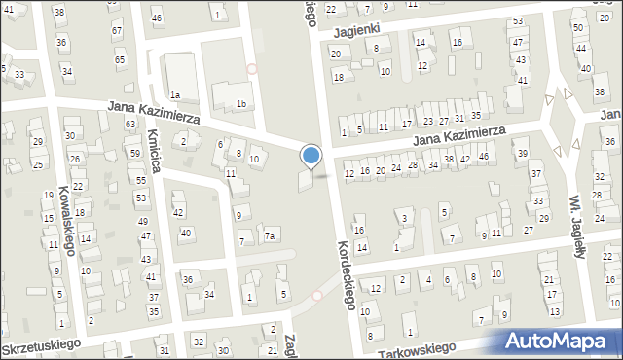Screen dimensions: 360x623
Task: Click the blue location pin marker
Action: (x=311, y=157)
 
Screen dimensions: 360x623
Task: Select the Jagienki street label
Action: (x=355, y=31)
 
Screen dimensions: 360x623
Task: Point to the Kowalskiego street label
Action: (x=68, y=219)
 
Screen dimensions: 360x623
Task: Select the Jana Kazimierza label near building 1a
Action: (x=154, y=115)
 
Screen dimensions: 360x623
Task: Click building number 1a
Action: (x=175, y=94)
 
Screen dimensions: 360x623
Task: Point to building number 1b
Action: (x=241, y=103)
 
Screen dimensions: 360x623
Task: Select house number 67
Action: (x=117, y=31)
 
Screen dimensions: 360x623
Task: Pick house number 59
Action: (x=134, y=153)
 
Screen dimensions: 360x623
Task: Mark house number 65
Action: (x=120, y=60)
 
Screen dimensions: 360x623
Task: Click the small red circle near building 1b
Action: (x=252, y=69)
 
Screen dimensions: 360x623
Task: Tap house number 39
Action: (x=523, y=154)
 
